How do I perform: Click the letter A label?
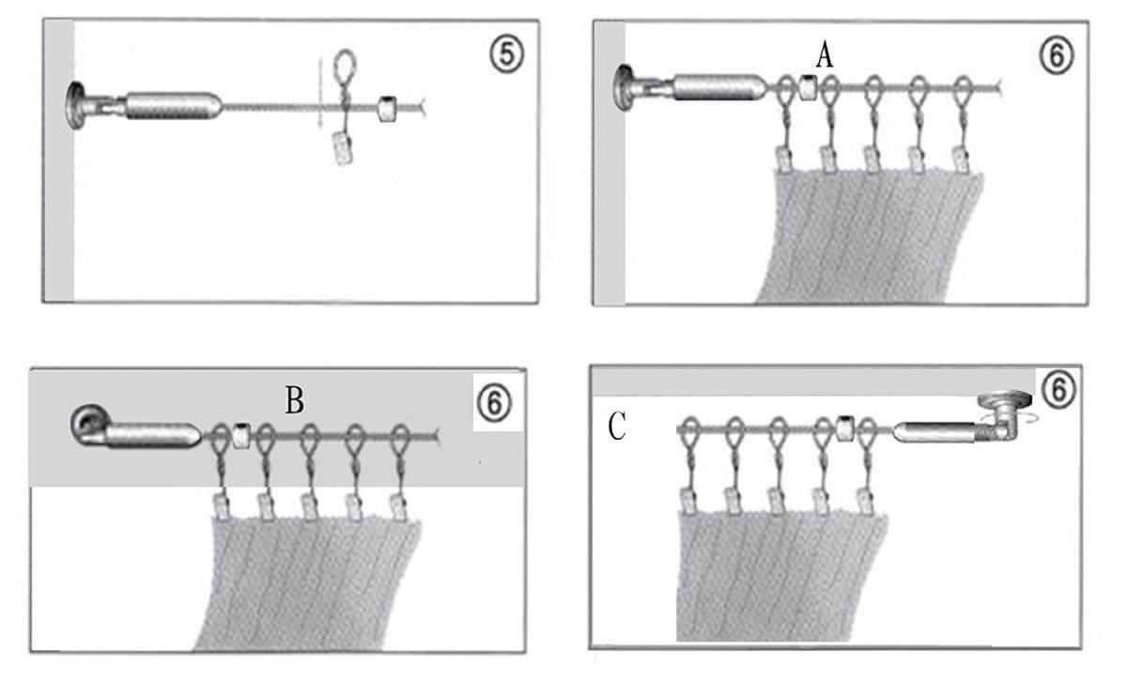[x=825, y=56]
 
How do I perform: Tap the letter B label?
[x=294, y=401]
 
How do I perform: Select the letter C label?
[x=617, y=428]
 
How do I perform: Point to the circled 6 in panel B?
[x=494, y=402]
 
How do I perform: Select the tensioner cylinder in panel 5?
[x=173, y=104]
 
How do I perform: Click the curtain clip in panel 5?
[x=344, y=148]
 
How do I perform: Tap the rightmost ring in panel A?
[x=962, y=91]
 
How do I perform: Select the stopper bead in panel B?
[x=241, y=436]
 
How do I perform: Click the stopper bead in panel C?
[x=844, y=429]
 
